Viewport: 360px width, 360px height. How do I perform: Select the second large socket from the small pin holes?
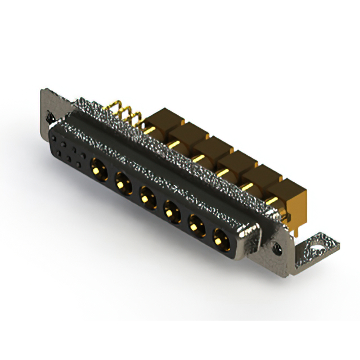click(x=122, y=182)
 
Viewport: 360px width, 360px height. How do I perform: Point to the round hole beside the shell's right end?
click(x=277, y=247)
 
